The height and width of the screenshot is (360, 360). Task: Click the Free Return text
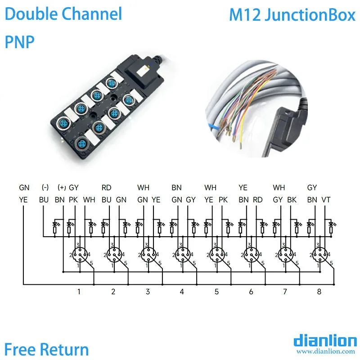click(x=46, y=349)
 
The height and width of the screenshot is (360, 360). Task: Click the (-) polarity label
click(x=45, y=187)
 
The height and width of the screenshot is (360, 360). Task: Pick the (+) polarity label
click(x=62, y=187)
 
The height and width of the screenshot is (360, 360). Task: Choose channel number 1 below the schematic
click(x=79, y=292)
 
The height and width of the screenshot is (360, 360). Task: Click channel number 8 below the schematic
click(x=319, y=292)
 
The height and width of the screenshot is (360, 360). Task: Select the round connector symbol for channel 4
click(x=181, y=255)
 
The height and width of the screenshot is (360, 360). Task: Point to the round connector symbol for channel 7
click(x=284, y=255)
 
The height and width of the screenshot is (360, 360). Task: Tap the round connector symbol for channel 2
click(x=113, y=255)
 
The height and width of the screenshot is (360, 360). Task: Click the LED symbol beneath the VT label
click(x=331, y=223)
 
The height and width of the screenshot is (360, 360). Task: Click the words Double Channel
click(x=63, y=14)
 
